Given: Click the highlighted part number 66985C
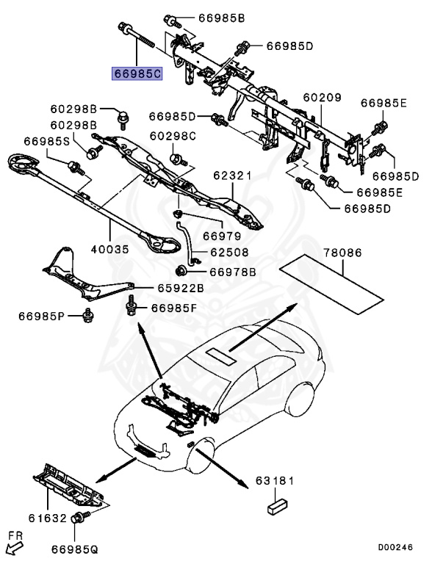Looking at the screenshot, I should pyautogui.click(x=137, y=73).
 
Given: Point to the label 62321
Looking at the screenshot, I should pyautogui.click(x=232, y=176).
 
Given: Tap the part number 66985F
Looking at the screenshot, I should pyautogui.click(x=174, y=308).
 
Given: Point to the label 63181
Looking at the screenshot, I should pyautogui.click(x=275, y=481).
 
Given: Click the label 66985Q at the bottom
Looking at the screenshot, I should pyautogui.click(x=79, y=548).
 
